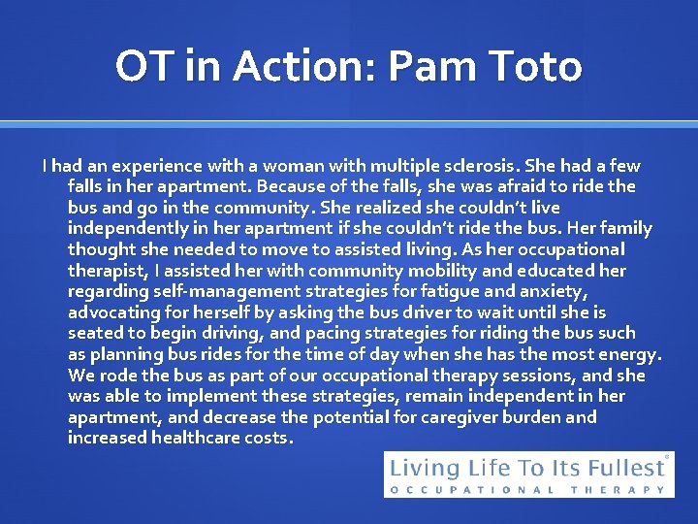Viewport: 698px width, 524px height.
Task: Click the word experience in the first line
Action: (143, 166)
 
